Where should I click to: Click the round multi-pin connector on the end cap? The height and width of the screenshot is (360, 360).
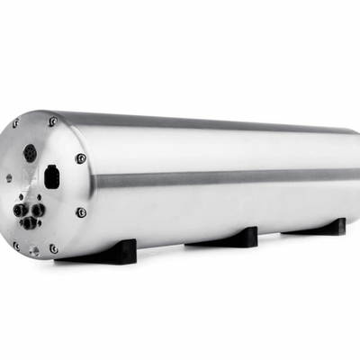click(x=30, y=153)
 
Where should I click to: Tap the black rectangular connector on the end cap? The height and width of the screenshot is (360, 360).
click(x=51, y=176)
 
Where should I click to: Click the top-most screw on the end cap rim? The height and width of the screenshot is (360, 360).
click(x=53, y=121)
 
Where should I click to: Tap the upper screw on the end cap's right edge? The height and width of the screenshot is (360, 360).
click(x=81, y=159)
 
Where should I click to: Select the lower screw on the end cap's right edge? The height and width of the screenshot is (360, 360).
click(x=81, y=213)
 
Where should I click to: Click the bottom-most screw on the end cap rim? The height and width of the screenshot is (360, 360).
click(x=53, y=248)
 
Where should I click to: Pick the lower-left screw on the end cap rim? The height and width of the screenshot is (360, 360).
click(x=15, y=243)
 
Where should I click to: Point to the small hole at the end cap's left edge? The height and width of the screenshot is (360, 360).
click(x=9, y=178)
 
